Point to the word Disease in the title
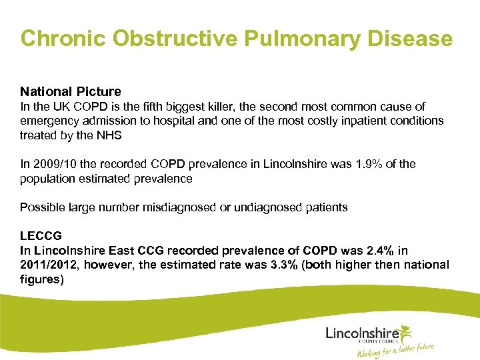[x=413, y=38]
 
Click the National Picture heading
[x=71, y=91]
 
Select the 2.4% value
[x=379, y=251]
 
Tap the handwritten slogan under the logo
[x=395, y=350]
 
